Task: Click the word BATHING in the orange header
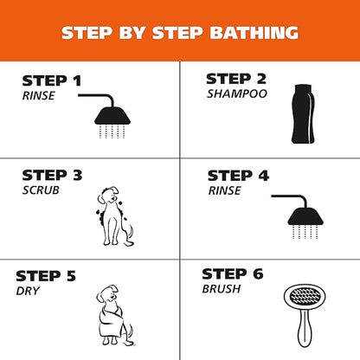click(254, 33)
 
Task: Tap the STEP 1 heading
click(52, 81)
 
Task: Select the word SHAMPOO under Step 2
click(237, 93)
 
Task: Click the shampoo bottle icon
click(303, 114)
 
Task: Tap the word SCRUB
click(41, 190)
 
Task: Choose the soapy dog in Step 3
click(115, 215)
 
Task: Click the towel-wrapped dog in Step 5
click(115, 315)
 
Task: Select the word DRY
click(28, 291)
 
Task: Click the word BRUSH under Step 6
click(222, 289)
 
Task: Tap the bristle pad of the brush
click(305, 297)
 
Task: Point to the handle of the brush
click(305, 328)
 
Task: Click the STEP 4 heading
click(238, 176)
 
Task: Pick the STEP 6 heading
click(233, 274)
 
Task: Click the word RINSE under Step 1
click(39, 96)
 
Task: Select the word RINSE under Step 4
click(225, 190)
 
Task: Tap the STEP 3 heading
click(52, 176)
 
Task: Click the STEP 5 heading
click(46, 276)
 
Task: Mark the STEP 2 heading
click(236, 79)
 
